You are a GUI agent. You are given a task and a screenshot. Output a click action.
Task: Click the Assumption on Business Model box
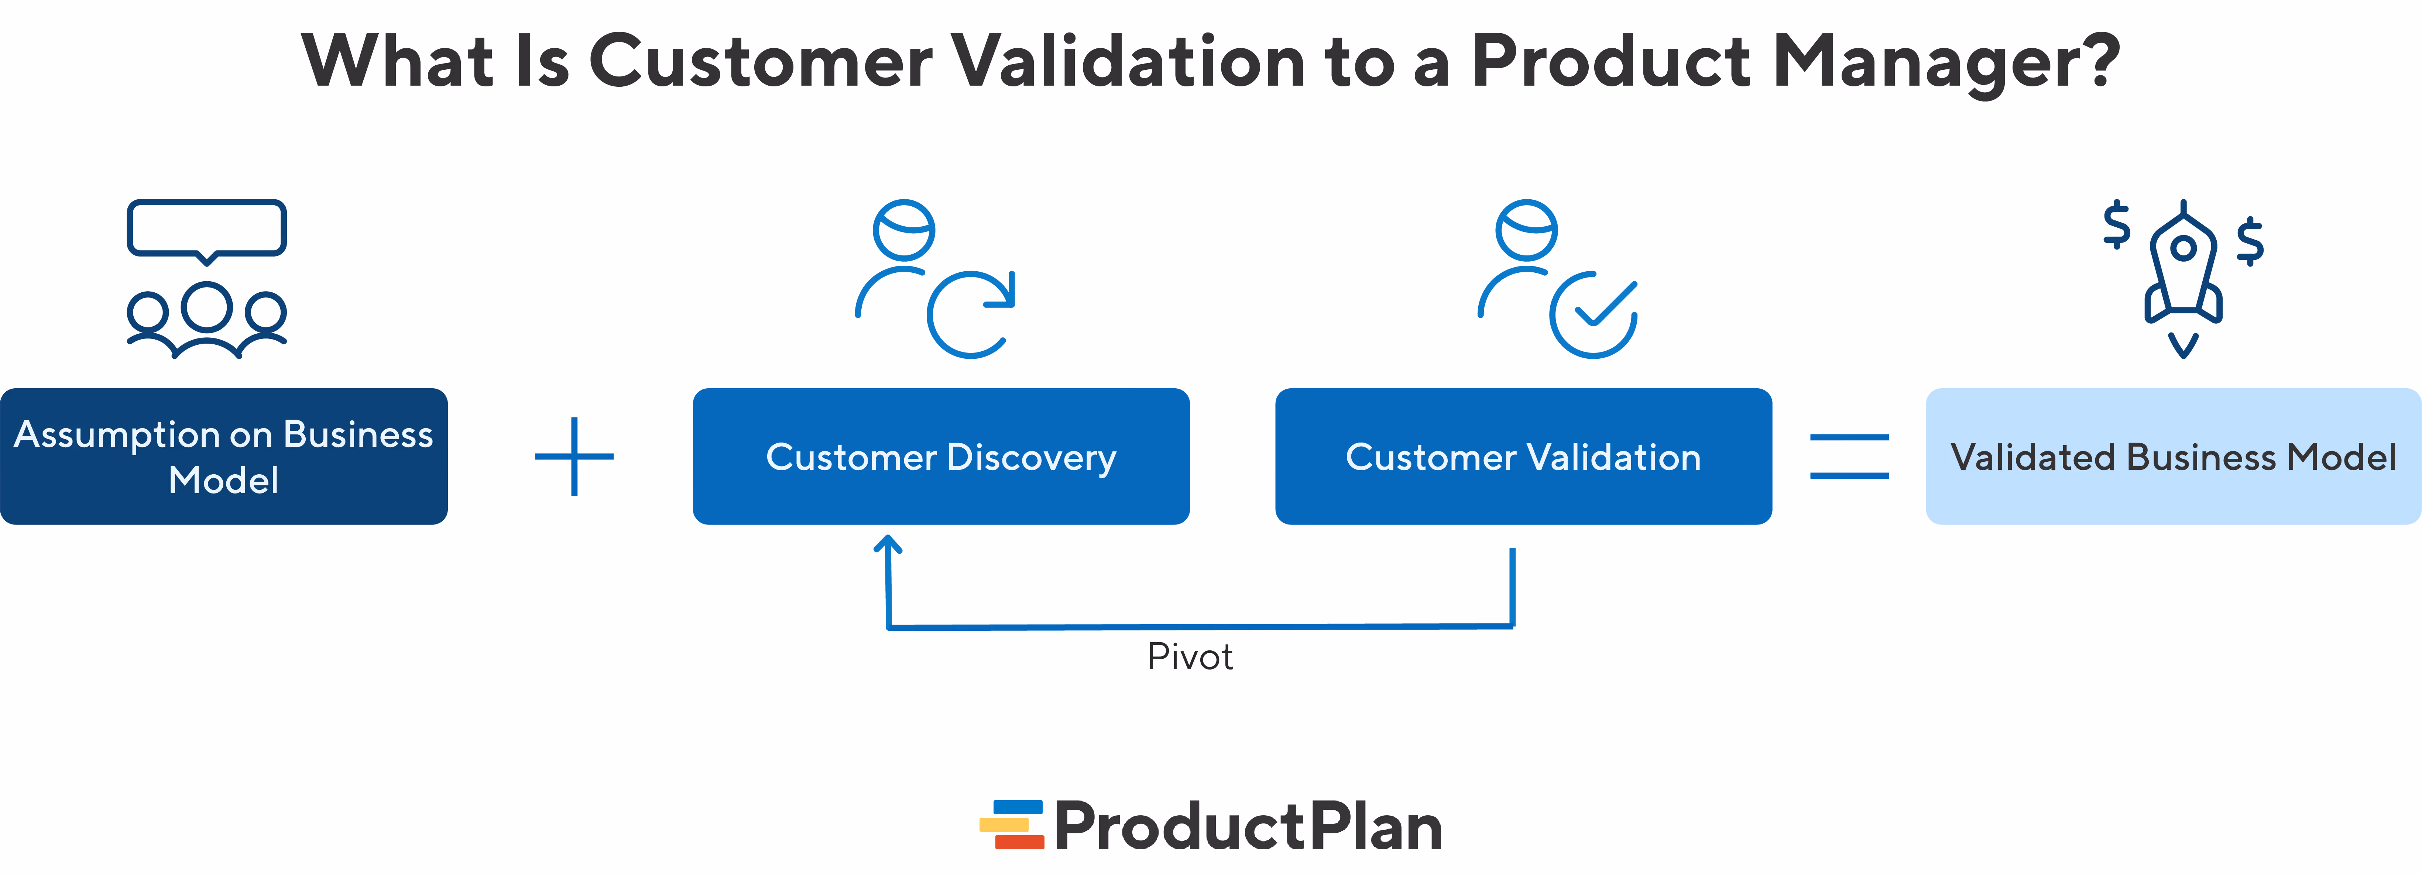coord(224,457)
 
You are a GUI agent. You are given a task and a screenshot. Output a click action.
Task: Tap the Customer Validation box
coord(1523,457)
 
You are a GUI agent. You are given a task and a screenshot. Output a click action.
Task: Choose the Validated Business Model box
coord(2173,457)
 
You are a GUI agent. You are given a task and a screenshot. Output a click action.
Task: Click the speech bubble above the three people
coord(207,228)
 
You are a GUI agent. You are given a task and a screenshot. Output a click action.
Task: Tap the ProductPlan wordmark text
coord(1249,827)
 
